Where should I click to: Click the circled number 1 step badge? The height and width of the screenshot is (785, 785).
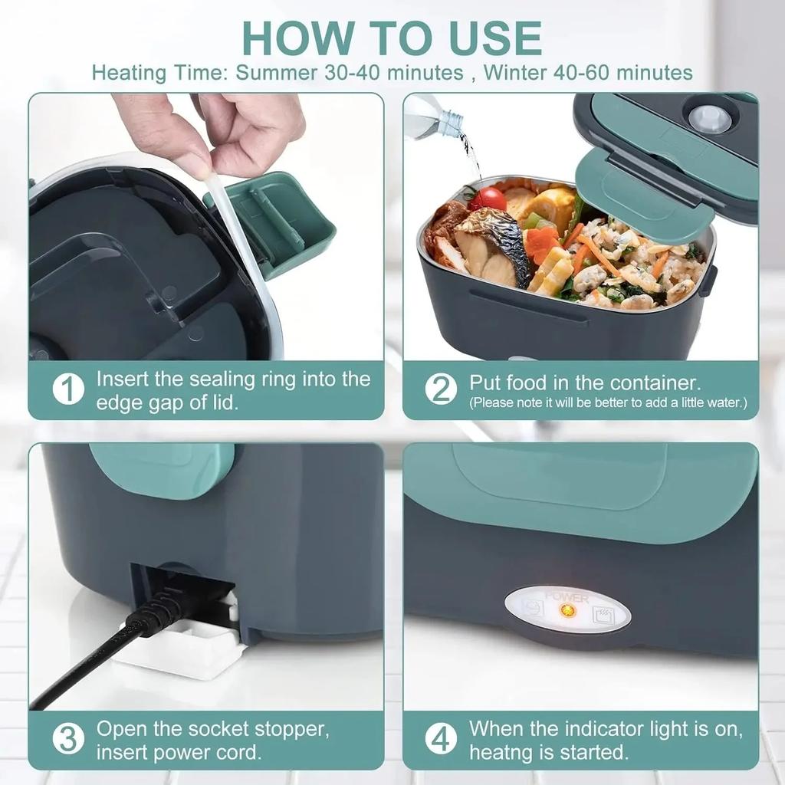point(68,389)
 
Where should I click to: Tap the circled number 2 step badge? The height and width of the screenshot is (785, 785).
point(441,389)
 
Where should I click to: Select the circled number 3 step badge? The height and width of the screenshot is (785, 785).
point(68,740)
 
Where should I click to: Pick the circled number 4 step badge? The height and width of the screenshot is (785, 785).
point(441,740)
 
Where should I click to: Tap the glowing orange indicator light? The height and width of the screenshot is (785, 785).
point(568,611)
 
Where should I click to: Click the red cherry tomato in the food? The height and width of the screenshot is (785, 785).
point(489,199)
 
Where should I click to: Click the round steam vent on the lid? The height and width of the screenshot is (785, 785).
point(708,119)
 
